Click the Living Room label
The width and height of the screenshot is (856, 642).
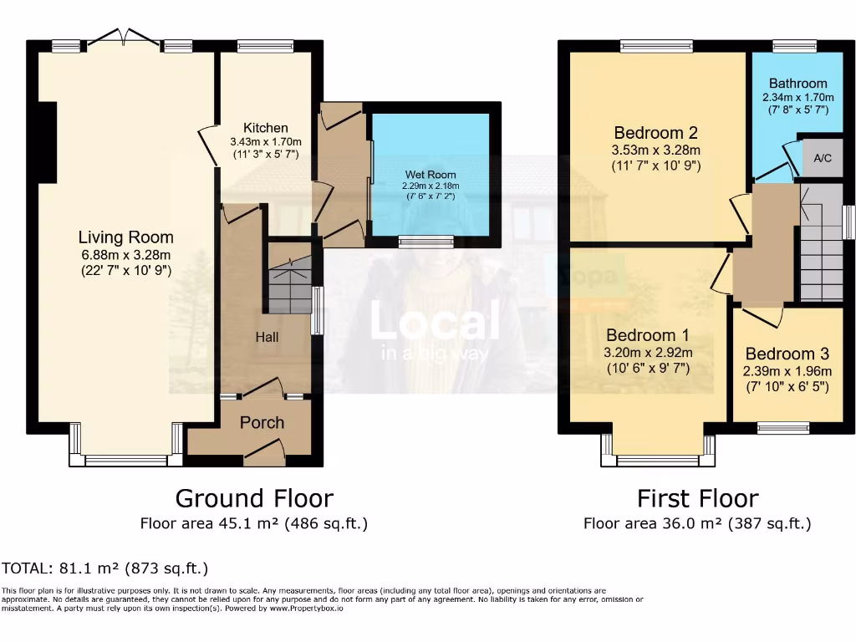tap(125, 237)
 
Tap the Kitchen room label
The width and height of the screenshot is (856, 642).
tap(266, 128)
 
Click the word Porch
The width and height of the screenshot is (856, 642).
tap(262, 422)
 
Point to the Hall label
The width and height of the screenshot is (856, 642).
tap(267, 337)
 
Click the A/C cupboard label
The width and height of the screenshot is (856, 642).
tap(818, 156)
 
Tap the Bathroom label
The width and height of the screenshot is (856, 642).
tap(797, 84)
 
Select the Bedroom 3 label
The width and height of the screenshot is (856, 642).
tap(786, 354)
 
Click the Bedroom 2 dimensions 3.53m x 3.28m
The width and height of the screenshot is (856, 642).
tap(655, 150)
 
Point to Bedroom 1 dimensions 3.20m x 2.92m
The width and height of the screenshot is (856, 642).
tap(648, 352)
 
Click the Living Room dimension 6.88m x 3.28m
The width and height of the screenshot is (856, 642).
tap(125, 255)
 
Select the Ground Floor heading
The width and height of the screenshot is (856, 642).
tap(253, 498)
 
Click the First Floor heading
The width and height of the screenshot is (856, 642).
tap(697, 498)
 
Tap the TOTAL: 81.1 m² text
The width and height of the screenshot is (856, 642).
tap(105, 568)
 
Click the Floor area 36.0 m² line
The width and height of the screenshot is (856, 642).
tap(697, 524)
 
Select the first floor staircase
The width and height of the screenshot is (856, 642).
tap(821, 242)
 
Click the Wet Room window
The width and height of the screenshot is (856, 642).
tap(425, 242)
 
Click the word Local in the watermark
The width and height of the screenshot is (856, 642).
tap(435, 322)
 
